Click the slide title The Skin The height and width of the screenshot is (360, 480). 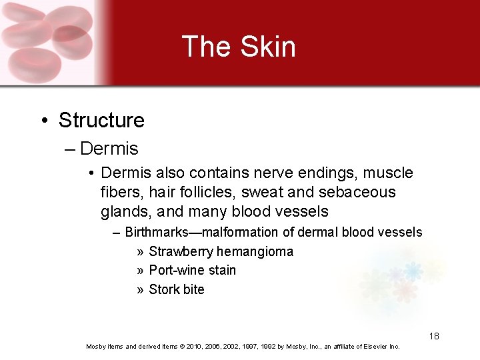coord(239,47)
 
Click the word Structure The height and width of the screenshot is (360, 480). coord(101,121)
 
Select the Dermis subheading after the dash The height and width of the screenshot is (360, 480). coord(109,149)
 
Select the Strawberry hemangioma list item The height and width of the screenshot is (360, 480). coord(221,252)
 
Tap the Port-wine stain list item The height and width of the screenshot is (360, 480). coord(192,271)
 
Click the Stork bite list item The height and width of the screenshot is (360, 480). coord(177,290)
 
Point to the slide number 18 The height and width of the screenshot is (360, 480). coord(434,336)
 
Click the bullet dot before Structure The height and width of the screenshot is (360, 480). coord(44,121)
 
